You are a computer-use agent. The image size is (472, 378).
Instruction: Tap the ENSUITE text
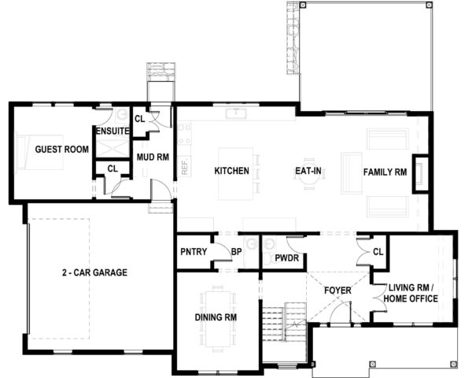tap(111, 131)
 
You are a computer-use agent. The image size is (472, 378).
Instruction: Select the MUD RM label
tap(153, 157)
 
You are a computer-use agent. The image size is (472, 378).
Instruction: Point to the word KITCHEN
tap(232, 171)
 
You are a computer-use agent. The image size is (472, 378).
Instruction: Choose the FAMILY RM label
tap(385, 171)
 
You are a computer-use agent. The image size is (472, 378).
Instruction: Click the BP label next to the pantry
tap(235, 253)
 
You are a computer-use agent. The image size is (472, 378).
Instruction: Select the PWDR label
tap(286, 258)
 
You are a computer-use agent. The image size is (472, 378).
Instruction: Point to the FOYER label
tap(337, 291)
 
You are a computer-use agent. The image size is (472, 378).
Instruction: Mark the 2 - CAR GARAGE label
tap(94, 272)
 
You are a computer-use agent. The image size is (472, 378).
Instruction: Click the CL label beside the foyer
tap(378, 252)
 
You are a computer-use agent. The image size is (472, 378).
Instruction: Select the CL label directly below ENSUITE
tap(112, 168)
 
